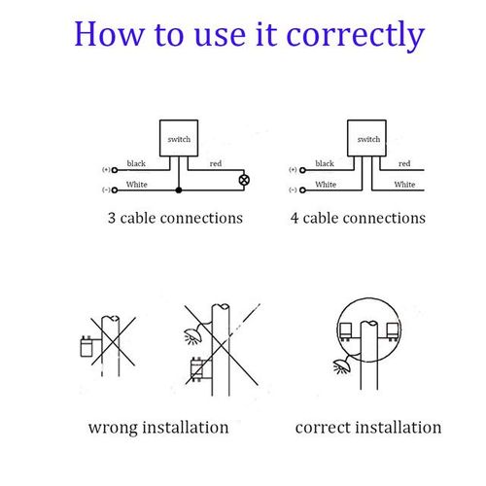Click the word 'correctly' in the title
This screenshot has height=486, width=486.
click(356, 35)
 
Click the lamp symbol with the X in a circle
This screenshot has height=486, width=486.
click(244, 180)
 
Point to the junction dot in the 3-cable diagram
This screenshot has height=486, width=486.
click(179, 191)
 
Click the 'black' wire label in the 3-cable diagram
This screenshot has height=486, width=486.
click(136, 163)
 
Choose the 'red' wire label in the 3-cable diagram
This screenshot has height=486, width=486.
click(216, 163)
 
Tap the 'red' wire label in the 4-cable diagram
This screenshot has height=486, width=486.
click(404, 163)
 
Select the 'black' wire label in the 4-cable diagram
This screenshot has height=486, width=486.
click(325, 163)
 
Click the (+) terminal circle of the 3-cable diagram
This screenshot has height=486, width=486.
click(115, 170)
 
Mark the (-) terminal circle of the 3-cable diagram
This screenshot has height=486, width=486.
click(115, 191)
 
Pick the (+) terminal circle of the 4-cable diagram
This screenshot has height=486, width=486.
click(302, 170)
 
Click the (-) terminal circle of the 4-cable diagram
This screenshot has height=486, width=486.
click(302, 191)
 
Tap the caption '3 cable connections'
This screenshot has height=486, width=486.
click(175, 218)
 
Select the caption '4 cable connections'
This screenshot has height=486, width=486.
click(358, 218)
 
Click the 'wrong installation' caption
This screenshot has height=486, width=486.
click(158, 428)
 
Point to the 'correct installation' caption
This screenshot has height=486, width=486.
click(368, 428)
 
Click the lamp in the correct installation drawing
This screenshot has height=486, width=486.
click(341, 366)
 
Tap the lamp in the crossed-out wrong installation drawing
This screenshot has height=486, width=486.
click(192, 336)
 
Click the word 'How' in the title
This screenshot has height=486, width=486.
click(109, 34)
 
